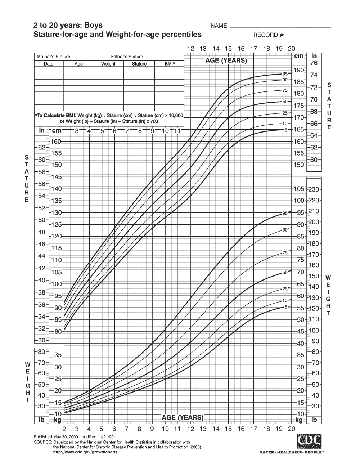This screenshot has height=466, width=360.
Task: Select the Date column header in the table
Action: pos(49,64)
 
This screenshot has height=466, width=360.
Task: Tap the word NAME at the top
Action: pos(219,26)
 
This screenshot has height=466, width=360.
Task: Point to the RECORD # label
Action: pos(269,35)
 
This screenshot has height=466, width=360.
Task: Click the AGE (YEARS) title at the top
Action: pos(226,60)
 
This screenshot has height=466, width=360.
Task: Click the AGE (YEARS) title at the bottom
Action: pos(183,417)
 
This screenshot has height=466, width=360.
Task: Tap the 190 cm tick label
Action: pos(299,70)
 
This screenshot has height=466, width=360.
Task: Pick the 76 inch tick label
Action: pos(314,63)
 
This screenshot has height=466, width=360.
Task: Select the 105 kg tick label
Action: pos(299,189)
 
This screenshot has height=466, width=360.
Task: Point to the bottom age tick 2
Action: pos(64,429)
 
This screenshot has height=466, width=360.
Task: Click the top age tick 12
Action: pos(191,49)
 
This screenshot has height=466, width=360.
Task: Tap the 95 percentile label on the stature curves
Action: pos(285,74)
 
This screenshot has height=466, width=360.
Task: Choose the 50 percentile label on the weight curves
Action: pos(285,273)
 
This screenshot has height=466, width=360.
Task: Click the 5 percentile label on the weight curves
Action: pos(286,307)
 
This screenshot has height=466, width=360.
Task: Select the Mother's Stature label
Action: pos(53,57)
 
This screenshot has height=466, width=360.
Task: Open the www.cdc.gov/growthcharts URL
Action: pos(85,452)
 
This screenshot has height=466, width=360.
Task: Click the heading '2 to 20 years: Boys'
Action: pos(68,26)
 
